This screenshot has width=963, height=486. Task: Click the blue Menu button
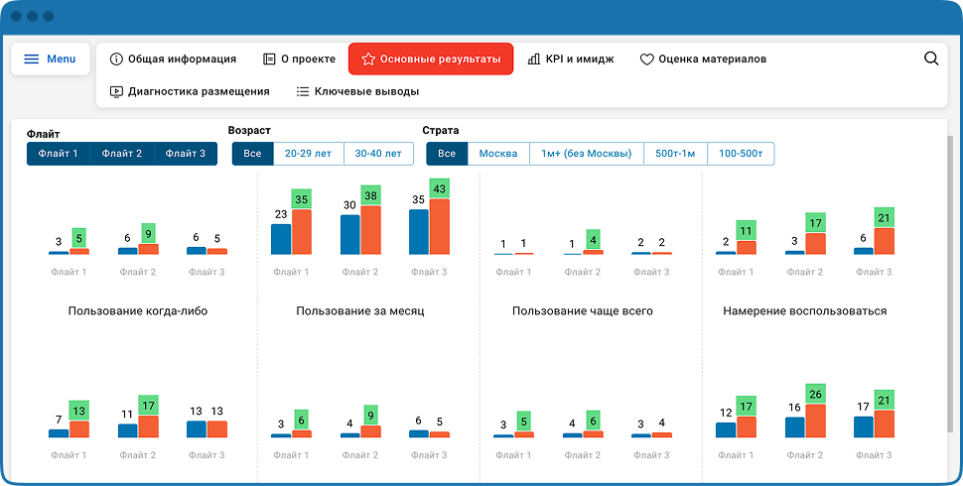click(x=51, y=59)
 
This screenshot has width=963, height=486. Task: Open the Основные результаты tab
click(x=431, y=59)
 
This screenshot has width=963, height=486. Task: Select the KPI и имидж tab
click(x=571, y=59)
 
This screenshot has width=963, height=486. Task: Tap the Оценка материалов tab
click(x=703, y=59)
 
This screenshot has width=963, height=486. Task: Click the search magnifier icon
click(x=931, y=59)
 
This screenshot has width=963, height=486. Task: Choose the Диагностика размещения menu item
click(x=190, y=91)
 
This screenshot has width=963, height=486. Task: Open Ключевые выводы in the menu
click(x=357, y=91)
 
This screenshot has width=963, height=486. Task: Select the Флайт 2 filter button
click(x=122, y=154)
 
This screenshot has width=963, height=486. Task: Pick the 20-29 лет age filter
click(x=309, y=154)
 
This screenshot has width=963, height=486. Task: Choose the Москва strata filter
click(x=498, y=154)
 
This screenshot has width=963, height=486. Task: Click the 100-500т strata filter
click(x=741, y=154)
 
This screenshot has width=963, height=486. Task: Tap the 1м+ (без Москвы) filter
click(x=587, y=154)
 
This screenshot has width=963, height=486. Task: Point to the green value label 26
click(x=816, y=394)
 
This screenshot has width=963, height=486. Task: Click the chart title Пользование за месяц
click(x=360, y=311)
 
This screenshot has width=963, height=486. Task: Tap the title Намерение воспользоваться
click(x=804, y=311)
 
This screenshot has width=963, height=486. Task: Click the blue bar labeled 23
click(x=281, y=239)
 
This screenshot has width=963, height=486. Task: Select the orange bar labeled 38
click(x=370, y=230)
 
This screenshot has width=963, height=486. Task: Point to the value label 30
click(x=349, y=205)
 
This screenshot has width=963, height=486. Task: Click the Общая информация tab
click(x=173, y=59)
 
